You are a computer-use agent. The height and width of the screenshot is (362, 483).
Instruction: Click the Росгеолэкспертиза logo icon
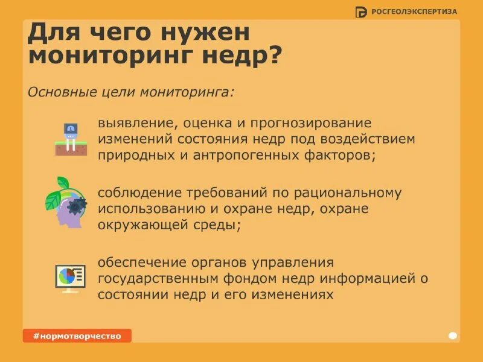pos(361,11)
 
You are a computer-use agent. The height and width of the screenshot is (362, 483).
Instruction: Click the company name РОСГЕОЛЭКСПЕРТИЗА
pos(414,11)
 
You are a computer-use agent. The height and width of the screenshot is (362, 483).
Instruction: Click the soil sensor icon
pos(71,139)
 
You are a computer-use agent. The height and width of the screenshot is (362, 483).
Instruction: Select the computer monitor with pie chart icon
pos(70,278)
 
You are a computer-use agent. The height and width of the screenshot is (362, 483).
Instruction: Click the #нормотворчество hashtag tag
pos(77,335)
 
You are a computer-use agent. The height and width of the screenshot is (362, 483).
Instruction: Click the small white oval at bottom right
pos(453,335)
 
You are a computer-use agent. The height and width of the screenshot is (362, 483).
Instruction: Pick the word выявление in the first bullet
pos(134,123)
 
